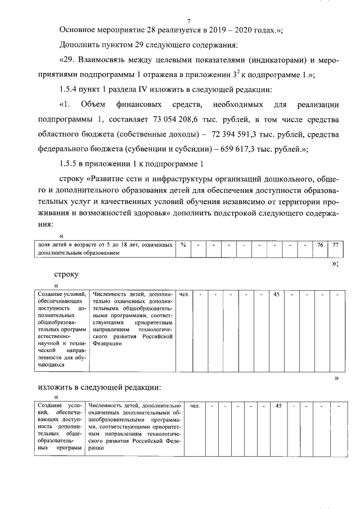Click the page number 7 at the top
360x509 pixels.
[181, 21]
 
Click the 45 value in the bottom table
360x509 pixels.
[278, 406]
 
